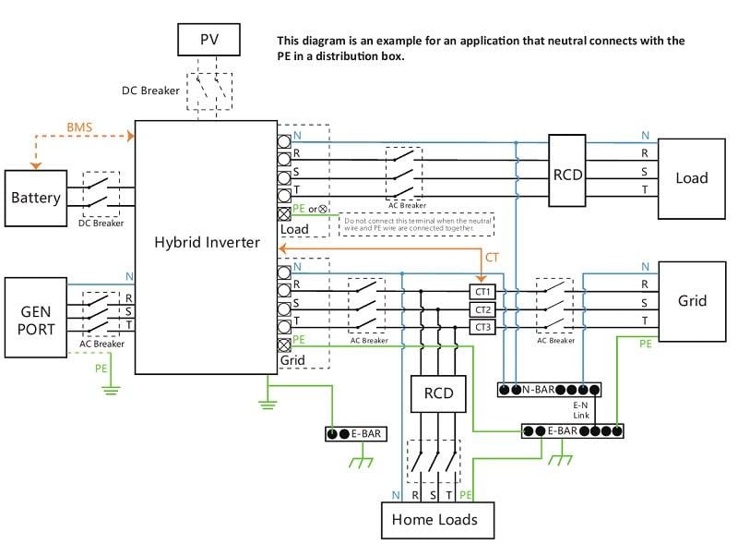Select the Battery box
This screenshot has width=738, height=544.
pos(36,198)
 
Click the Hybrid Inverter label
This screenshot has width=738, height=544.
pos(208,243)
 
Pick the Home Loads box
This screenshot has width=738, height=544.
pos(434,519)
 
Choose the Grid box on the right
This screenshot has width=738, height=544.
pos(692,301)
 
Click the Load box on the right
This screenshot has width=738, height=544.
pos(692,178)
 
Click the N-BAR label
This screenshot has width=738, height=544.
pos(542,389)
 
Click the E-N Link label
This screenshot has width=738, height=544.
pos(580,410)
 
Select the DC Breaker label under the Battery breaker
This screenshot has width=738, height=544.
pos(101,223)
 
